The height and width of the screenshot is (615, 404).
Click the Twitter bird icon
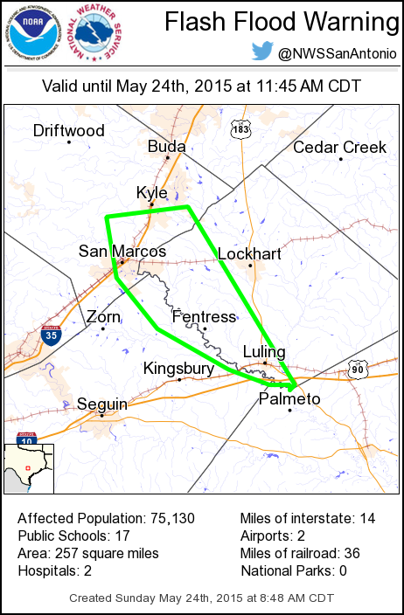coord(262,52)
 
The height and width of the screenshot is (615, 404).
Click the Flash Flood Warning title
coord(276,21)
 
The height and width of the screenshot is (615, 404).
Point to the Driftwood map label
coord(69,131)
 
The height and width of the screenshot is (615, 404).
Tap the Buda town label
coord(166,146)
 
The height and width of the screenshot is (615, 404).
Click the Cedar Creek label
coord(339,147)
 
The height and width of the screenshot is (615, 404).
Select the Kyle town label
coord(151,192)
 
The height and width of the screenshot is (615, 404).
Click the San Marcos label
coord(122,251)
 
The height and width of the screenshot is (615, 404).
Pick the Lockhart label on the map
coord(249,253)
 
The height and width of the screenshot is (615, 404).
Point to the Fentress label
coord(204,316)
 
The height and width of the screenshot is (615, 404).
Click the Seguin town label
coord(101,404)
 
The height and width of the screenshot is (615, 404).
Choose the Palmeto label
coord(290,399)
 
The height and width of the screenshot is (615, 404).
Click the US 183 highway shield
coord(240,129)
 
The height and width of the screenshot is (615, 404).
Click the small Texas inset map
coord(29,469)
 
